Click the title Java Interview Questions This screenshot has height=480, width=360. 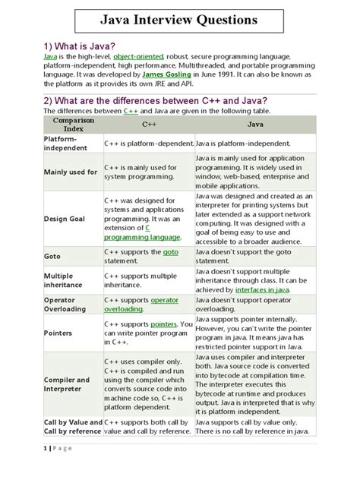coord(180,19)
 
